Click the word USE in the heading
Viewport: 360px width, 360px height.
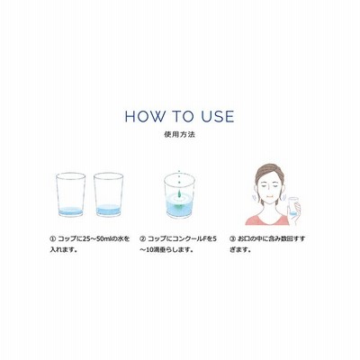[218, 116]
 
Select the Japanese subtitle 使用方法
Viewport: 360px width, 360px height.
[180, 134]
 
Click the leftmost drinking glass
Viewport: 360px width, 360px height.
[70, 194]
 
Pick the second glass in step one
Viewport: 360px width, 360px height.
[109, 194]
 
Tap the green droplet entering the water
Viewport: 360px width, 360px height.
[179, 193]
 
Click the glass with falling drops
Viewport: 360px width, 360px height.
[179, 195]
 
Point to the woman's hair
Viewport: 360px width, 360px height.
[269, 174]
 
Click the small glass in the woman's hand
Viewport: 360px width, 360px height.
[292, 206]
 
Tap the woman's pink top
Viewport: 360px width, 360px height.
[266, 219]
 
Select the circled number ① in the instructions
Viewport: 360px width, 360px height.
[52, 239]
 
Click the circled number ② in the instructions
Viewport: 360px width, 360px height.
[143, 239]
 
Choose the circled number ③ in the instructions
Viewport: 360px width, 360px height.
[232, 239]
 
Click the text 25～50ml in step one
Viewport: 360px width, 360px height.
[99, 239]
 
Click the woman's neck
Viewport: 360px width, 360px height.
[268, 208]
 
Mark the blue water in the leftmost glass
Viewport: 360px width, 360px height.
[71, 211]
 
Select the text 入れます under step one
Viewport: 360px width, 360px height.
[62, 249]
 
